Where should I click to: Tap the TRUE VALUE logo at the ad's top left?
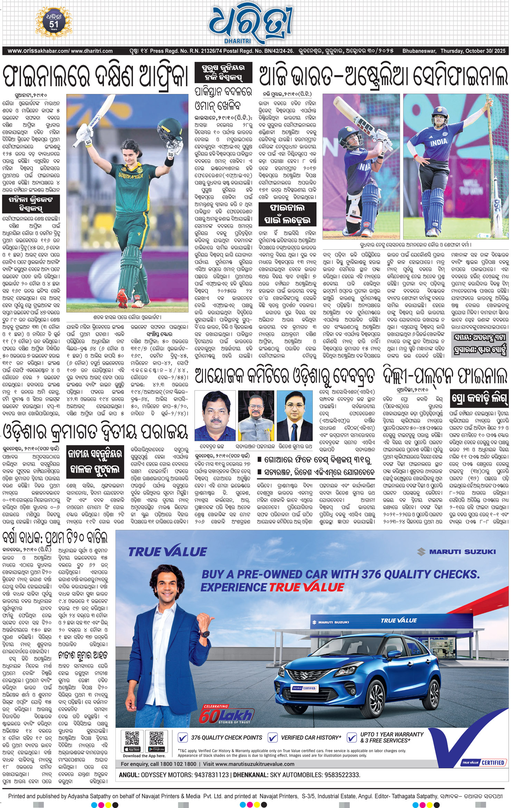pyautogui.click(x=167, y=552)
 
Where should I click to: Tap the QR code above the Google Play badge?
pyautogui.click(x=156, y=738)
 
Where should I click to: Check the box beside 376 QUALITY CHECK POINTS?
pyautogui.click(x=183, y=738)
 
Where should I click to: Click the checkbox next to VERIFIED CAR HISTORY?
pyautogui.click(x=273, y=738)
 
